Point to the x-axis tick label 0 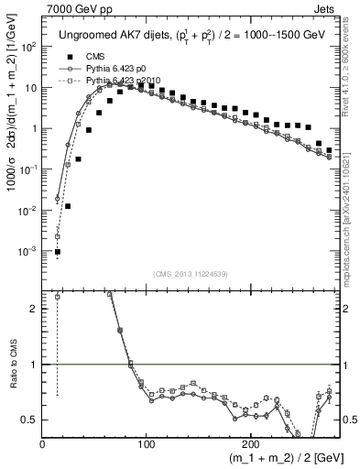[43, 444]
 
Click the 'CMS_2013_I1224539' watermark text [189, 273]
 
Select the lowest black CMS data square [58, 252]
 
